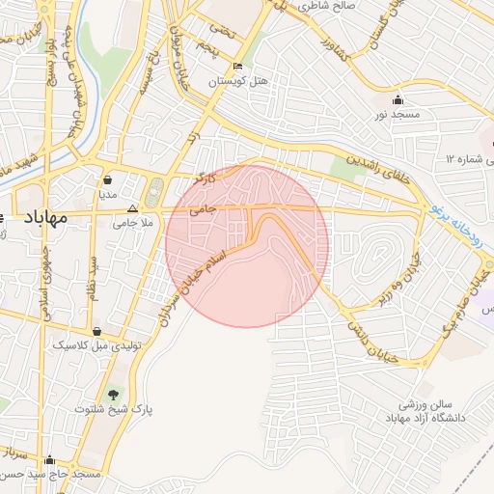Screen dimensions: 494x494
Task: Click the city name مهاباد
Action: (x=42, y=218)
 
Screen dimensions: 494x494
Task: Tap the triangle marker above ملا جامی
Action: (x=133, y=207)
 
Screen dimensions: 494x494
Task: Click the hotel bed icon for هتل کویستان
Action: (x=237, y=67)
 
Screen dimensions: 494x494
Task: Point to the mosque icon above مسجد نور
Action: (x=398, y=100)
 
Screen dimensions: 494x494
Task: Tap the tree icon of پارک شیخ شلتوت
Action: (x=115, y=394)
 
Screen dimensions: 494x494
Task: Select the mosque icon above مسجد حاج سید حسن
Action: (x=50, y=459)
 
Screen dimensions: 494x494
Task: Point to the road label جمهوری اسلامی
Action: (x=43, y=288)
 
